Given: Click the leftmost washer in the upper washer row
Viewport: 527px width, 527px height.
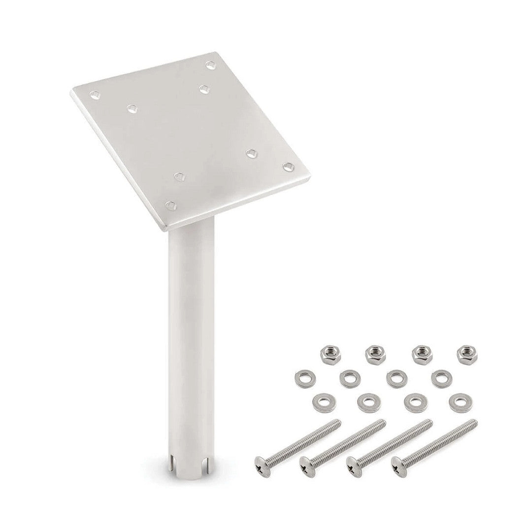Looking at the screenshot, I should coord(303,378).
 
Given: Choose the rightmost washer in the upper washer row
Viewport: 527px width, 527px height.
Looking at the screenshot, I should coord(439,378).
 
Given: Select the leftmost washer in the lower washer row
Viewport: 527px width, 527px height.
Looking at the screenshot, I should coord(322,402).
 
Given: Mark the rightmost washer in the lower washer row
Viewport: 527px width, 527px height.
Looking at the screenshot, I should coord(459,402).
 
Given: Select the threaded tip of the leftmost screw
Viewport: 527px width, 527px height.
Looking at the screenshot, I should coord(337,422).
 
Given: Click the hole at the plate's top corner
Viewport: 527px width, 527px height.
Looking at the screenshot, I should coord(210,65).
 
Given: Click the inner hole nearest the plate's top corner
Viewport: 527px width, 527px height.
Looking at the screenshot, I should coord(204,89).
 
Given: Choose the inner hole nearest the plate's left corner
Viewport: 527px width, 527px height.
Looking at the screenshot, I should coord(132,108).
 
